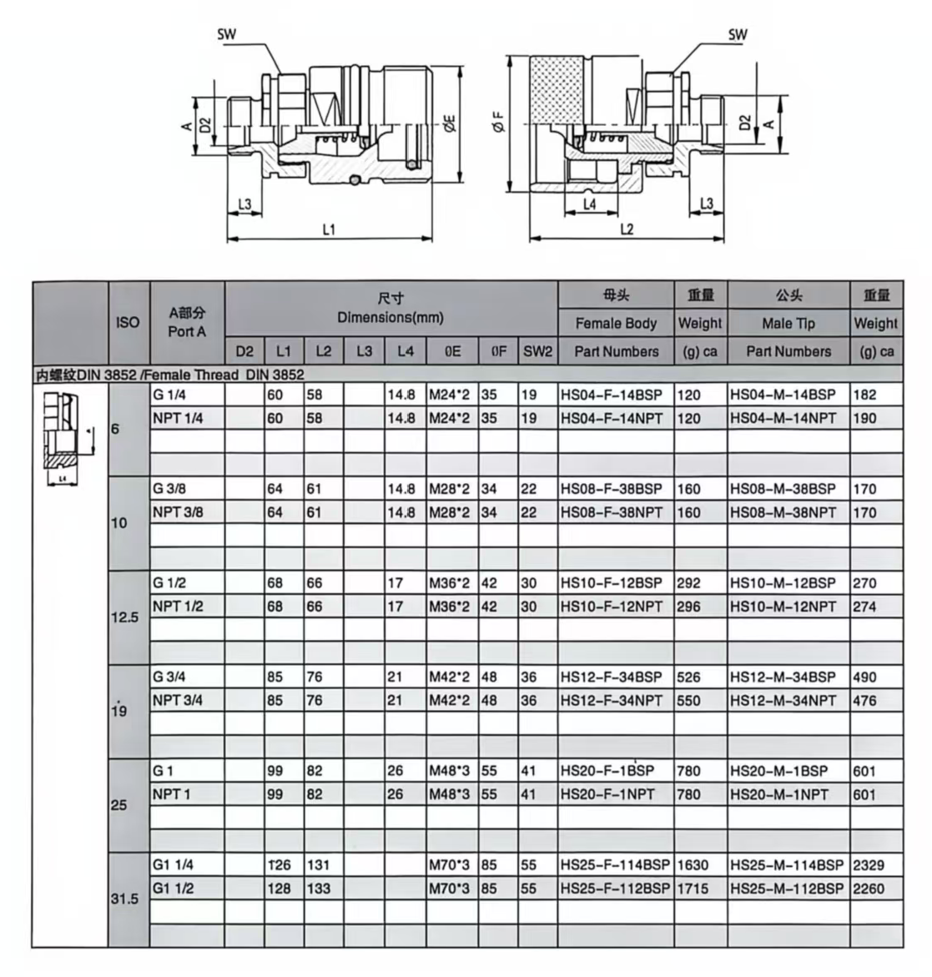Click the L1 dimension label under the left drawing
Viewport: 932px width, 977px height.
(x=329, y=229)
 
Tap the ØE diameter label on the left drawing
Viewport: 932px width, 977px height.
(x=449, y=123)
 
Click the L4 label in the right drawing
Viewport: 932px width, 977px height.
(x=589, y=204)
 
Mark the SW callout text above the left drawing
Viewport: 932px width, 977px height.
(x=226, y=34)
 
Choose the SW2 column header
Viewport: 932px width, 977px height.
(x=537, y=351)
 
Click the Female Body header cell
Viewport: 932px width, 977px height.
(x=616, y=323)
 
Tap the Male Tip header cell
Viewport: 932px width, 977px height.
(x=788, y=323)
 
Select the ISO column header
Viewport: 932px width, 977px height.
(x=128, y=322)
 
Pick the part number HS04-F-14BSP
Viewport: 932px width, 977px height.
(x=612, y=395)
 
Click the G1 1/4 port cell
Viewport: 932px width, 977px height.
(x=173, y=865)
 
